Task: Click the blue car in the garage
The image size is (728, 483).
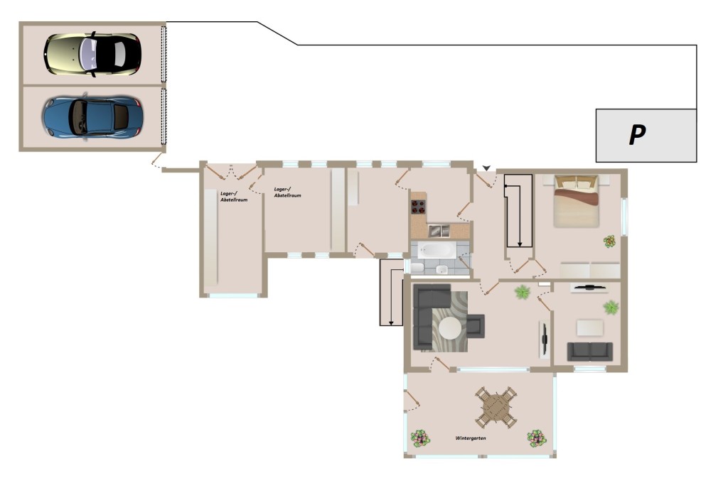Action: [x=92, y=117]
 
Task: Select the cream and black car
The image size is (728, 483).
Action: [x=92, y=54]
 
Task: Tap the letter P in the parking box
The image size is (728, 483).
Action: [x=637, y=135]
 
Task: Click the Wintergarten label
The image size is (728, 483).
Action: [x=471, y=438]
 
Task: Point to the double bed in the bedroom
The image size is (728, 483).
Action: [x=576, y=201]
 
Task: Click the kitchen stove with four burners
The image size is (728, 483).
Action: [x=418, y=207]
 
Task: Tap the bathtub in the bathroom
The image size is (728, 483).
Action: [x=436, y=251]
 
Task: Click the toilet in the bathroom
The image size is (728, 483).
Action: [x=417, y=268]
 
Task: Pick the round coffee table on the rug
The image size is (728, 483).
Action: [x=450, y=328]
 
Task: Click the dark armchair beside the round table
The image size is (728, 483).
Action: [x=476, y=326]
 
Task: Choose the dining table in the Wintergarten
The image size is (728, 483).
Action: [x=496, y=408]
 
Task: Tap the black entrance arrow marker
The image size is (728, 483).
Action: [x=486, y=168]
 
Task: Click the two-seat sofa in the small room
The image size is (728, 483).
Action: [x=589, y=351]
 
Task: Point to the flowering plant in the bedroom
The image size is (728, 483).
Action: [x=609, y=241]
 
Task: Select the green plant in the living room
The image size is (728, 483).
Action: [x=523, y=292]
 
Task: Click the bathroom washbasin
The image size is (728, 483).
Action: [x=441, y=270]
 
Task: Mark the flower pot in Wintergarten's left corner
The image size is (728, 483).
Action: [x=419, y=438]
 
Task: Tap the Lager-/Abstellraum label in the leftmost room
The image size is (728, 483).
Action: [x=233, y=197]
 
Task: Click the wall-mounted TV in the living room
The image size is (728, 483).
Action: [x=544, y=340]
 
